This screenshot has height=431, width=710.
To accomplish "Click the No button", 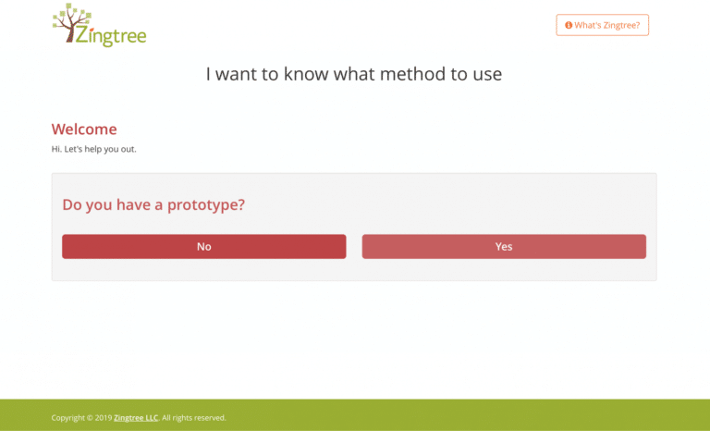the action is tap(203, 247).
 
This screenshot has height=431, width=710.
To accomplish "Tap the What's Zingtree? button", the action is tap(602, 25).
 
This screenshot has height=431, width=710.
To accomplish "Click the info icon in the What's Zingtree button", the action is tap(569, 25).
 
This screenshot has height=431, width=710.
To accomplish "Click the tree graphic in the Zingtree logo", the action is tap(70, 23).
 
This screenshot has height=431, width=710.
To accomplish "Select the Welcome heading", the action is tap(84, 129).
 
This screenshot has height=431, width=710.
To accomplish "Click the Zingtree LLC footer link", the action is tap(136, 418).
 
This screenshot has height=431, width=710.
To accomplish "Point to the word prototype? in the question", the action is tap(206, 205).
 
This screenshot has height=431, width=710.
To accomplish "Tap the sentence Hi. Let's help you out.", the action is tap(93, 149).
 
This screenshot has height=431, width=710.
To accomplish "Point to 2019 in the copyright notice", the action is tap(104, 418).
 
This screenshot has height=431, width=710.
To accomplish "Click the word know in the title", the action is tap(306, 74).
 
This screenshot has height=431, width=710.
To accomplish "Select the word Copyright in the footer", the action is tap(67, 418).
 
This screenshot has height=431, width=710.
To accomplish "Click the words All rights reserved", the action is tap(194, 418).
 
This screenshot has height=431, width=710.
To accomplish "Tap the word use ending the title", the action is tap(487, 75).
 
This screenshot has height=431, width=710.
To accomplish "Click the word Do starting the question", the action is tap(71, 204).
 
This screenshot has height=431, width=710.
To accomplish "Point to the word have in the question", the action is tap(133, 204).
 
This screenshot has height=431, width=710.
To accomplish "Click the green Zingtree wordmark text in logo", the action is tap(111, 35).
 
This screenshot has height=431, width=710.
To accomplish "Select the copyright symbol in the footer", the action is tap(90, 418).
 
